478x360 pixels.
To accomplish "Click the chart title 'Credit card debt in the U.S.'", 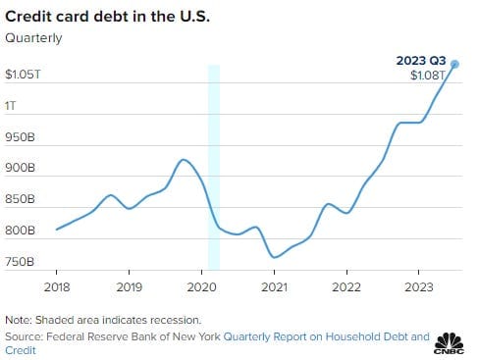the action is pyautogui.click(x=107, y=17).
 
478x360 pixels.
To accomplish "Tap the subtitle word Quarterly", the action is pyautogui.click(x=33, y=38).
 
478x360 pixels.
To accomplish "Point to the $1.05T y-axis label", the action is pyautogui.click(x=23, y=75).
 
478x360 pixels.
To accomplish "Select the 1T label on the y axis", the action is pyautogui.click(x=10, y=106).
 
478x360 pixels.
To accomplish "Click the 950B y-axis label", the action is pyautogui.click(x=20, y=137).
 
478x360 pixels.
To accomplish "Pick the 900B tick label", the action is pyautogui.click(x=20, y=168).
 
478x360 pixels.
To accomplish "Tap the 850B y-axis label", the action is pyautogui.click(x=20, y=199).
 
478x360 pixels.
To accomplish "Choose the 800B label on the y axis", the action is pyautogui.click(x=20, y=231).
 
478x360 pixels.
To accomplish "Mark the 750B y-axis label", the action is pyautogui.click(x=20, y=262).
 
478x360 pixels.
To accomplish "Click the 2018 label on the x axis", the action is pyautogui.click(x=57, y=287).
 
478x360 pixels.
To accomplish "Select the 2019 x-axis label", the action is pyautogui.click(x=130, y=287).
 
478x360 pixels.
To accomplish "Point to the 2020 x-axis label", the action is pyautogui.click(x=201, y=287).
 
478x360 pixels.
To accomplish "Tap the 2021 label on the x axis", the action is pyautogui.click(x=274, y=287).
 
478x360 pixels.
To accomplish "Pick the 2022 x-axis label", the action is pyautogui.click(x=346, y=287).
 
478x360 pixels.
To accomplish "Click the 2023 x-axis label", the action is pyautogui.click(x=419, y=287).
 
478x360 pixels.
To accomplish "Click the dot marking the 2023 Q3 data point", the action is pyautogui.click(x=454, y=65).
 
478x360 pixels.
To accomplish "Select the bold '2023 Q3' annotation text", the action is pyautogui.click(x=421, y=61).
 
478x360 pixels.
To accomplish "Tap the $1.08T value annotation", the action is pyautogui.click(x=428, y=76).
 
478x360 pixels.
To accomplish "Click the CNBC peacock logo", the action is pyautogui.click(x=449, y=343).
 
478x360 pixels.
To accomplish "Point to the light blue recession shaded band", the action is pyautogui.click(x=214, y=167).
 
